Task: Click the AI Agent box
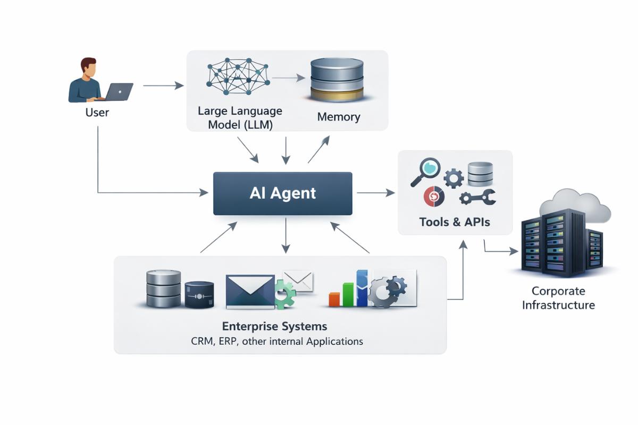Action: (x=282, y=193)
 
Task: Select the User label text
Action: (x=97, y=112)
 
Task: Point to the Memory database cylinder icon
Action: (x=337, y=80)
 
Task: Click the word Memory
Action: (x=339, y=117)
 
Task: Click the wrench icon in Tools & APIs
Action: (x=477, y=197)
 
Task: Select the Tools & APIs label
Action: (x=455, y=222)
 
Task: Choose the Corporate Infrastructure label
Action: (x=558, y=298)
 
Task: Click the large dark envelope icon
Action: (x=250, y=291)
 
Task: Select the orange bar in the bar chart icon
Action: (x=334, y=299)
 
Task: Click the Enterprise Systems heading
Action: (x=274, y=326)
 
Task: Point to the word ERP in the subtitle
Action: (x=228, y=341)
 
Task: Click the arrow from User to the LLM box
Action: (x=163, y=86)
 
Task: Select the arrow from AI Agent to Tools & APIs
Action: (x=375, y=193)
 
